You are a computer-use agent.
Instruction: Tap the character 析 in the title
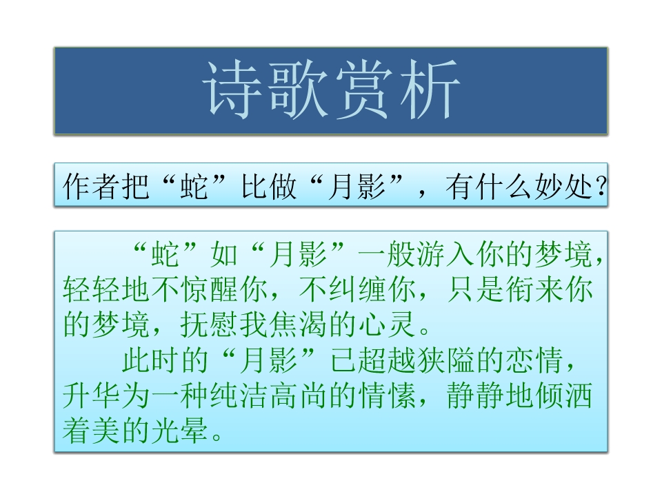[x=429, y=91]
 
